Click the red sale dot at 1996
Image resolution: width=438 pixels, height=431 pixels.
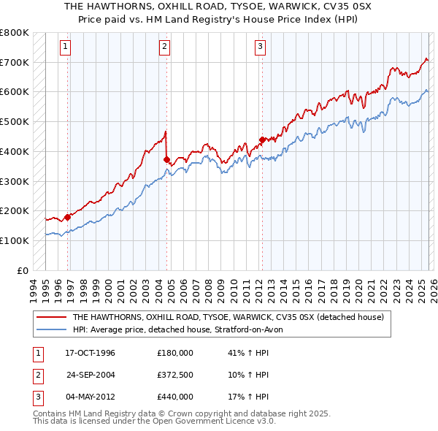[x=67, y=216]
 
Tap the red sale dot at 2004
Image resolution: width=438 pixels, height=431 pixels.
[x=167, y=159]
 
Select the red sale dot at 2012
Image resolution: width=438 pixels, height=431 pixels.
[x=261, y=139]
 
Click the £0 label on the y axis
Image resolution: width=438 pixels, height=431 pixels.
[x=23, y=270]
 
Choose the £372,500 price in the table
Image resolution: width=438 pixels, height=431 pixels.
[x=175, y=375]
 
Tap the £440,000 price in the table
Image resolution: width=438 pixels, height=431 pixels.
[x=175, y=397]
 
